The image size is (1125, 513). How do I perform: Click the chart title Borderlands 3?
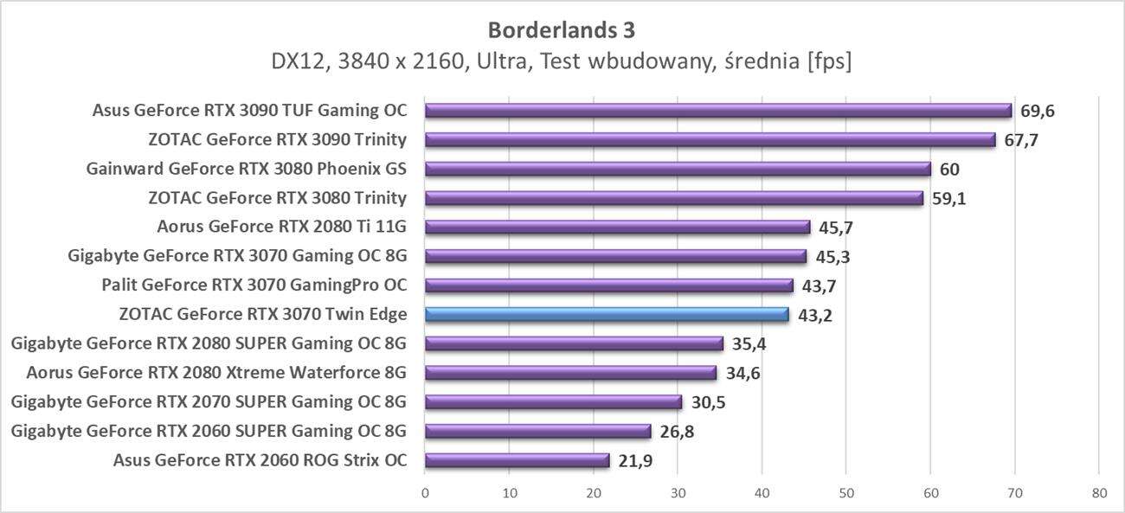562,30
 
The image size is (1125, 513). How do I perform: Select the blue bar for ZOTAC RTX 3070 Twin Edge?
607,315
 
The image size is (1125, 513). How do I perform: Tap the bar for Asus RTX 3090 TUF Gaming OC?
718,111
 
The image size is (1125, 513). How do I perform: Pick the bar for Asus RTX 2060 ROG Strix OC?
517,460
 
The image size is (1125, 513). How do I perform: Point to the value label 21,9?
635,460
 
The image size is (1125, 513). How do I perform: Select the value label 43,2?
815,315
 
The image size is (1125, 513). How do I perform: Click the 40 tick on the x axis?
762,493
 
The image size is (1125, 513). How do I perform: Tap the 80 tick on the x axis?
1099,493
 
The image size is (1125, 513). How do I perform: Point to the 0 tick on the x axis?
425,493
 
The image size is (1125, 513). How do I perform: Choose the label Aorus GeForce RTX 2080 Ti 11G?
282,228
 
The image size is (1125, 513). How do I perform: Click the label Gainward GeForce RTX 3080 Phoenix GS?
247,169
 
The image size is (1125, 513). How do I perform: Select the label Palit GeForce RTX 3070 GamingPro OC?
254,285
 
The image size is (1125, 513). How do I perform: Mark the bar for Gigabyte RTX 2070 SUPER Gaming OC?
553,402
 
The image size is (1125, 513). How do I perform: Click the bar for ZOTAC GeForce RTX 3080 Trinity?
674,198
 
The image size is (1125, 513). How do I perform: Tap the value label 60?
949,169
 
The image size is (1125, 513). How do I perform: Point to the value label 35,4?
749,344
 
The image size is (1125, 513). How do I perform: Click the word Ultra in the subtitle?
488,62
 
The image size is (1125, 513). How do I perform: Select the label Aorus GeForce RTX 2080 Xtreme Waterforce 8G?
216,373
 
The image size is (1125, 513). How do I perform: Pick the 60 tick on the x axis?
930,493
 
